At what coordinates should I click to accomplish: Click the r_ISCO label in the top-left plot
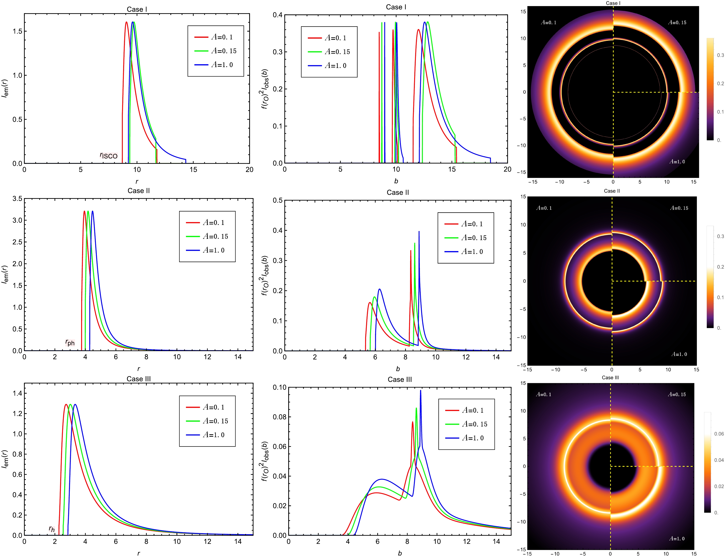pos(109,155)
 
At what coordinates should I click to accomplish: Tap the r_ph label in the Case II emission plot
pos(70,342)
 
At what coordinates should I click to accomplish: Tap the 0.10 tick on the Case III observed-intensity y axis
pos(280,387)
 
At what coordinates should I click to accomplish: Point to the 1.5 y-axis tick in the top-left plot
pos(17,31)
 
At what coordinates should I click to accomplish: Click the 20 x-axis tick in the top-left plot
pos(249,170)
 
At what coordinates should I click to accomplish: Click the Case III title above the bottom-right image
pos(610,378)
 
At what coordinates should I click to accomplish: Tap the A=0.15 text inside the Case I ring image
pos(677,23)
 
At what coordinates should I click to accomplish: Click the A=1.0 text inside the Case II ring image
pos(679,354)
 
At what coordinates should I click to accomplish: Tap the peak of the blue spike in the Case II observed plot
pos(419,232)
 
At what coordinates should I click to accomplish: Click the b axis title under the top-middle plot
pos(396,181)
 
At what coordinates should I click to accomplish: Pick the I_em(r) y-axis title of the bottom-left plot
pos(5,459)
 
